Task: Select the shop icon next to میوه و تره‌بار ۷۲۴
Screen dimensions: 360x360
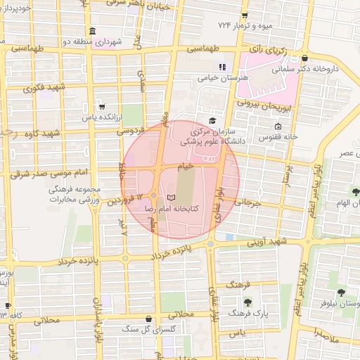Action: [x=244, y=15]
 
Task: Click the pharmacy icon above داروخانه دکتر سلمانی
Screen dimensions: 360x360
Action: [x=304, y=58]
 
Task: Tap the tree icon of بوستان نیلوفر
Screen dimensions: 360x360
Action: [x=341, y=292]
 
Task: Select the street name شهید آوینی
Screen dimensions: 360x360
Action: [x=265, y=241]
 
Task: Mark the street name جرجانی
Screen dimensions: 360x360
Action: [x=248, y=202]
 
